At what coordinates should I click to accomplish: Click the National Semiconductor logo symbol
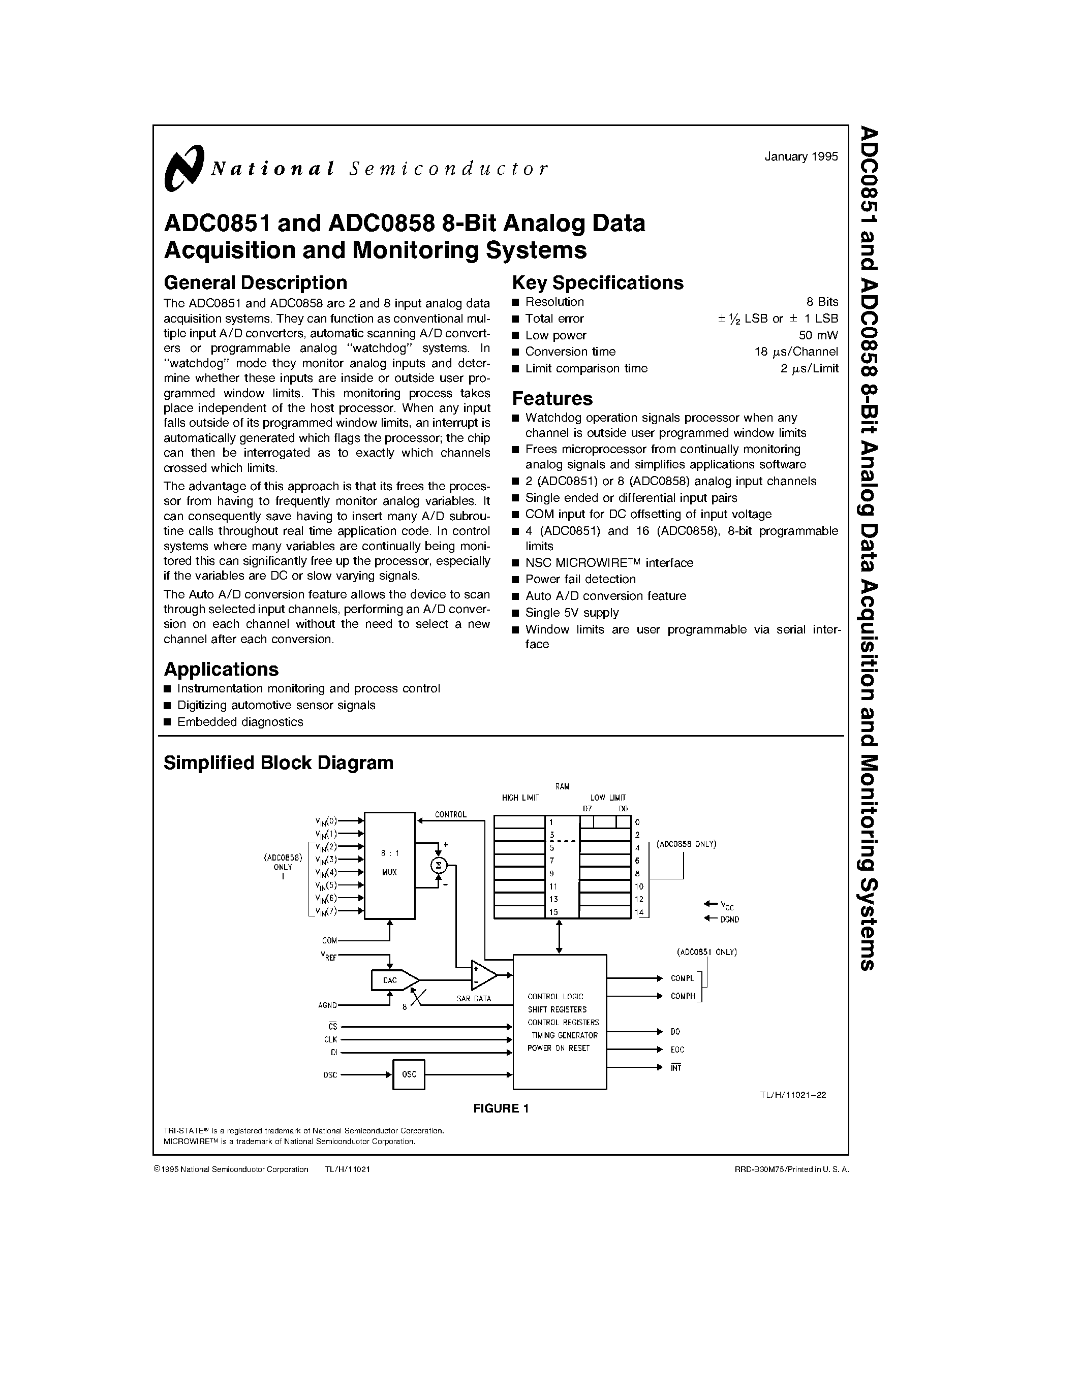pos(183,168)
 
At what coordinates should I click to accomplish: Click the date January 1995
pos(800,156)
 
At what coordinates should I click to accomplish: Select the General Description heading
pos(255,283)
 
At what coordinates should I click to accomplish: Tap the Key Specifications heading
pos(598,283)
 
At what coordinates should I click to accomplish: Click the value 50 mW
pos(818,335)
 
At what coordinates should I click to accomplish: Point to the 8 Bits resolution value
pos(821,302)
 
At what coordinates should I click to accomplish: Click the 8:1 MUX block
pos(389,865)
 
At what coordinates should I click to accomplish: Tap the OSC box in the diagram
pos(409,1074)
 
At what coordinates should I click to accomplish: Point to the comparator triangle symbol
pos(483,975)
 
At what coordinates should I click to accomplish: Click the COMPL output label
pos(682,978)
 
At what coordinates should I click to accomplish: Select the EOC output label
pos(677,1050)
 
